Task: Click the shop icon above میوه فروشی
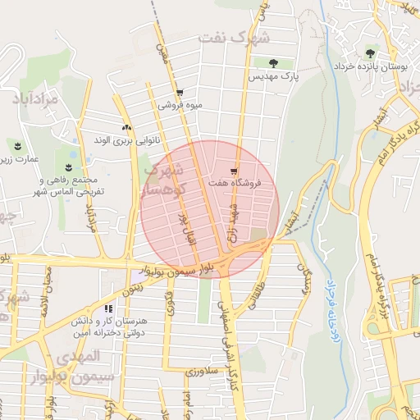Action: click(180, 92)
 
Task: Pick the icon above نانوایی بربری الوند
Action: click(126, 127)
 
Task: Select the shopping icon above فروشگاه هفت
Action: click(235, 171)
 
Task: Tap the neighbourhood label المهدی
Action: click(81, 356)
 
